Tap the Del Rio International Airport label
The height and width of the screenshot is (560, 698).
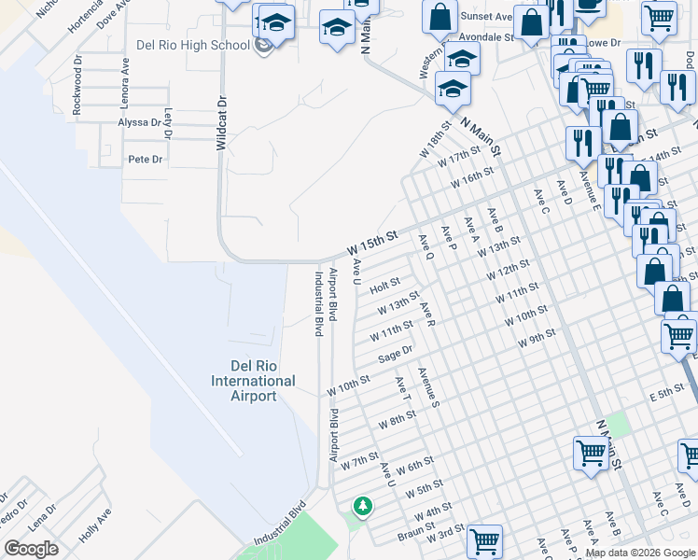pos(253,381)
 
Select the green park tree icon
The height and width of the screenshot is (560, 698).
pos(362,507)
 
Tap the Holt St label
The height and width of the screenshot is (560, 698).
pos(384,284)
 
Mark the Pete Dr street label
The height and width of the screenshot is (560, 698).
pos(146,160)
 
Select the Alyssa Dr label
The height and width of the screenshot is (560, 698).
pos(139,122)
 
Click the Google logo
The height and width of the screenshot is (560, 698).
pos(31,549)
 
